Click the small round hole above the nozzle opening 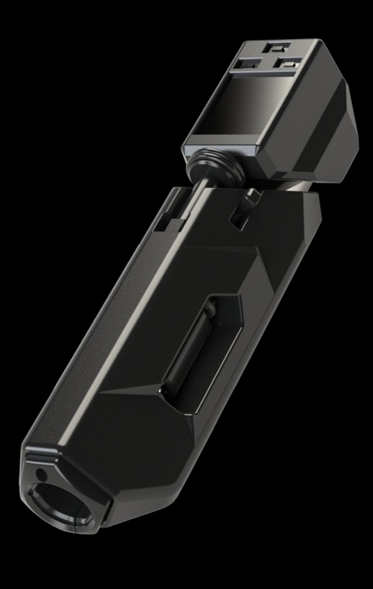[x=42, y=476]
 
